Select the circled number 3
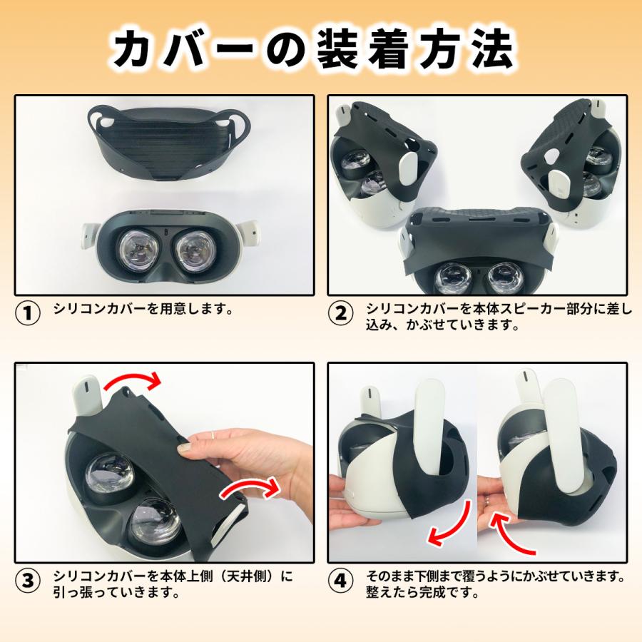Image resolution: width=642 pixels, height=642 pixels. tap(28, 581)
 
